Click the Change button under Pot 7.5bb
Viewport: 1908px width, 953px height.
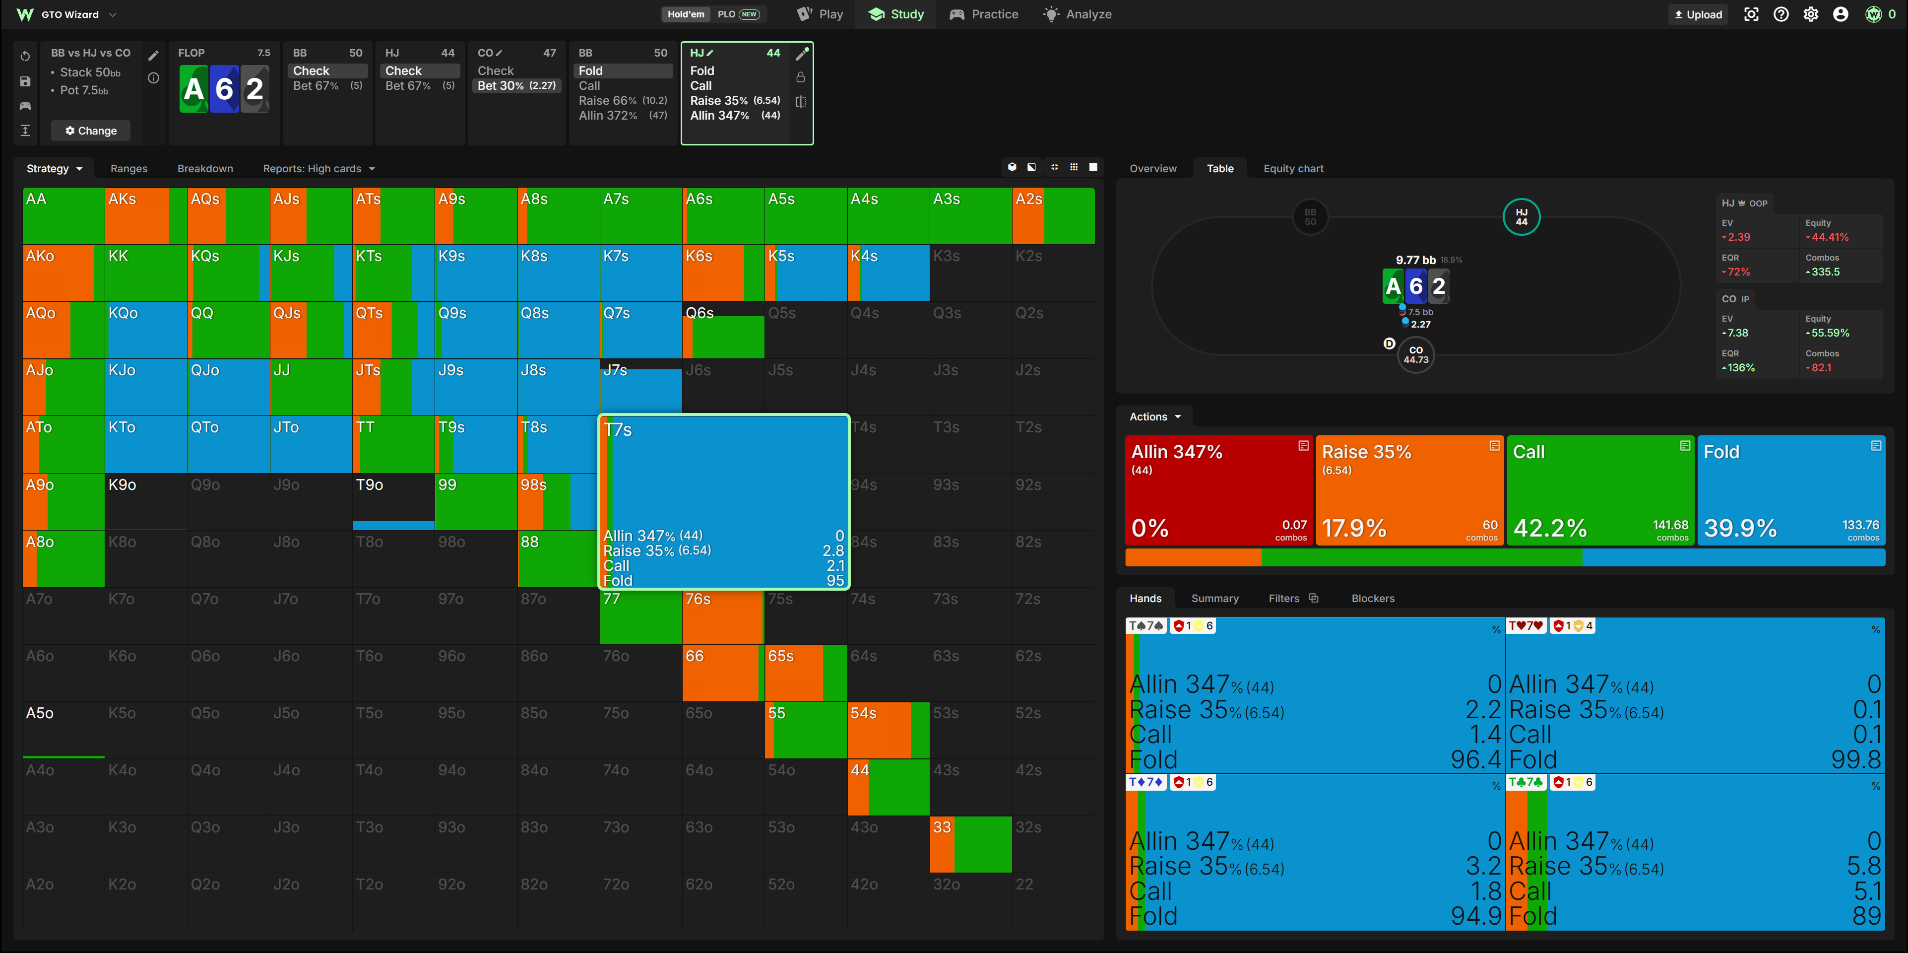point(90,131)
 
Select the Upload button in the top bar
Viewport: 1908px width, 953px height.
point(1698,14)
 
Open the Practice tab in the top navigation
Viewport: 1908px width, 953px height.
point(984,14)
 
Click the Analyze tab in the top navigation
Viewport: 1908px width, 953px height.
point(1078,14)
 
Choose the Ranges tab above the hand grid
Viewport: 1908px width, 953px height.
point(129,168)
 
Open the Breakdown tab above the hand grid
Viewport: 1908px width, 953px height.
point(205,168)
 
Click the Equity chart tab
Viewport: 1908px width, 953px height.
point(1293,168)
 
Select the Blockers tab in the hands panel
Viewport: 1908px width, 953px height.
point(1373,598)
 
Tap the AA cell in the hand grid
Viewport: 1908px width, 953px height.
point(64,215)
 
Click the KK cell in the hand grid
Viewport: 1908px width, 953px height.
point(146,272)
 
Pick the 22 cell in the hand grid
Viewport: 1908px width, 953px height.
point(1053,901)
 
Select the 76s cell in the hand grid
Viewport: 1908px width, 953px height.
point(722,616)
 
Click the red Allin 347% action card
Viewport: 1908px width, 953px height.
point(1218,490)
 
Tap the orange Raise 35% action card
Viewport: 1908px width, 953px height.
point(1409,490)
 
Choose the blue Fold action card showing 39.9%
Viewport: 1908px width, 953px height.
point(1791,490)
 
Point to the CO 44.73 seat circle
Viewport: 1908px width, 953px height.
point(1415,355)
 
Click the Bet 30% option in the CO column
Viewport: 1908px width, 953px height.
point(517,85)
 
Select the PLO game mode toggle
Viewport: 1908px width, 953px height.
point(738,14)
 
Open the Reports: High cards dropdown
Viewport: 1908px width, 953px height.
point(318,168)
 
